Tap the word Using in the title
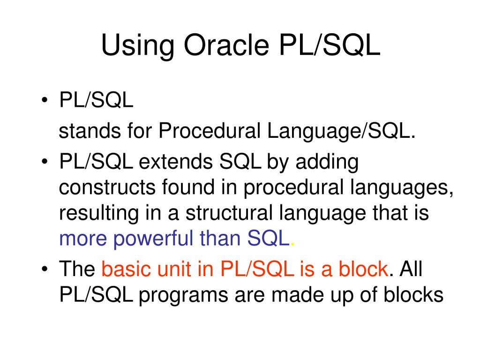coord(137,46)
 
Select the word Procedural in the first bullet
coord(210,131)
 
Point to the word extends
coord(176,162)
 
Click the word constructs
coord(107,187)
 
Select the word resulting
coord(99,214)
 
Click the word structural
coord(229,213)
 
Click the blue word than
coord(220,238)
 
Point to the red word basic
coord(126,269)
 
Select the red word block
coord(363,269)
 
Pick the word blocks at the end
coord(413,294)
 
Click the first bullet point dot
coord(45,100)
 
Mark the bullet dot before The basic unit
coord(45,269)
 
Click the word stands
coord(90,131)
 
